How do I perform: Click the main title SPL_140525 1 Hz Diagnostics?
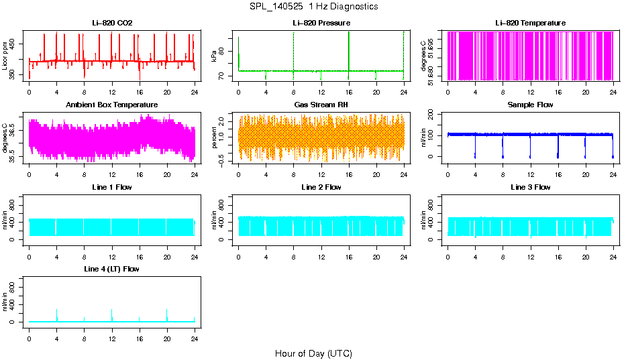pyautogui.click(x=313, y=7)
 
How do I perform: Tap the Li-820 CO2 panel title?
pyautogui.click(x=112, y=23)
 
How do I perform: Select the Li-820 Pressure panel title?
pyautogui.click(x=321, y=23)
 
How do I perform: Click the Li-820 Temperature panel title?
pyautogui.click(x=530, y=23)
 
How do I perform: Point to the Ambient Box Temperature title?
pyautogui.click(x=112, y=105)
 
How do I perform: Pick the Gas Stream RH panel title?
pyautogui.click(x=321, y=105)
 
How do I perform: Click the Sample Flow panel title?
pyautogui.click(x=530, y=105)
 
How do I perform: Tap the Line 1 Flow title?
pyautogui.click(x=112, y=187)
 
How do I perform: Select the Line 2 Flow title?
pyautogui.click(x=321, y=187)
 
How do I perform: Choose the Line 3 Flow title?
pyautogui.click(x=530, y=187)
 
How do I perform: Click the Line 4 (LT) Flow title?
pyautogui.click(x=112, y=269)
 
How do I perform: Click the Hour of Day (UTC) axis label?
pyautogui.click(x=313, y=353)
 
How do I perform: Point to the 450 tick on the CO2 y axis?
pyautogui.click(x=16, y=44)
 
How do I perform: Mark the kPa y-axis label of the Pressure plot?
pyautogui.click(x=214, y=56)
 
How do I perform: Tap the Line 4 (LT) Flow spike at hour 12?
pyautogui.click(x=111, y=315)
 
